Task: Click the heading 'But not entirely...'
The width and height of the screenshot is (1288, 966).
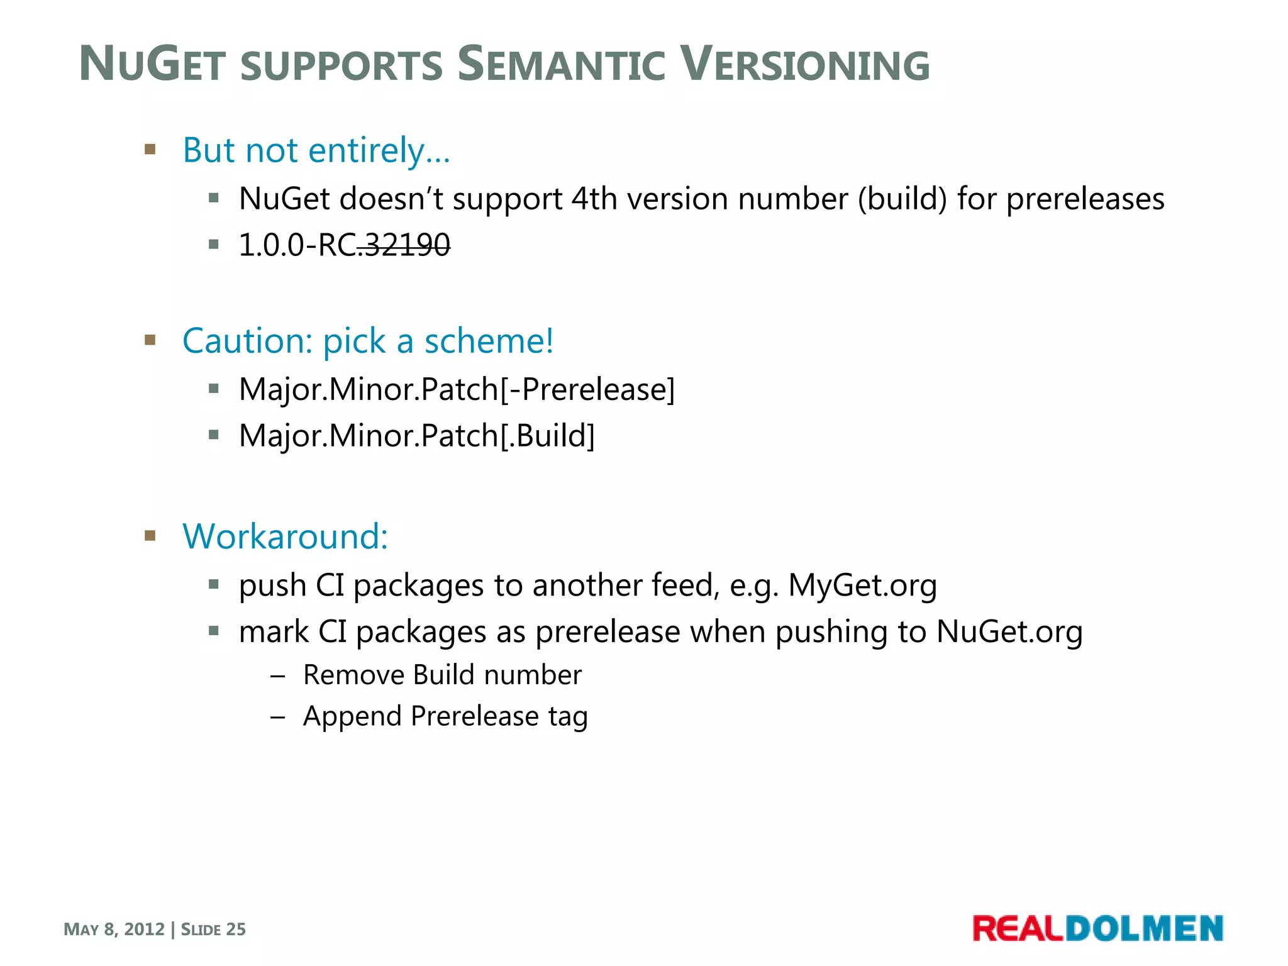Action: pyautogui.click(x=316, y=151)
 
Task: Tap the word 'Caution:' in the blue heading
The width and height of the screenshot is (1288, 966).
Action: pyautogui.click(x=247, y=341)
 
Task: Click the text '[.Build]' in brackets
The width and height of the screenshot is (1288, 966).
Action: pyautogui.click(x=547, y=436)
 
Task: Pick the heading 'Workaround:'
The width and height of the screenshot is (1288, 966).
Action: pyautogui.click(x=285, y=537)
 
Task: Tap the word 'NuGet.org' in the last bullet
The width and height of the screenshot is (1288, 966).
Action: pyautogui.click(x=1009, y=632)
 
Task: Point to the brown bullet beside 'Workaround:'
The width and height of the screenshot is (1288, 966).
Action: pyautogui.click(x=150, y=536)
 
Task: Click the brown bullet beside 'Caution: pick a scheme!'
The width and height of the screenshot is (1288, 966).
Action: pyautogui.click(x=150, y=340)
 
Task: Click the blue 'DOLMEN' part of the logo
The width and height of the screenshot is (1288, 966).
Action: pyautogui.click(x=1144, y=929)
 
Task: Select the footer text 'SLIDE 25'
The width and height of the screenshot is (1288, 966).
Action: pyautogui.click(x=213, y=930)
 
